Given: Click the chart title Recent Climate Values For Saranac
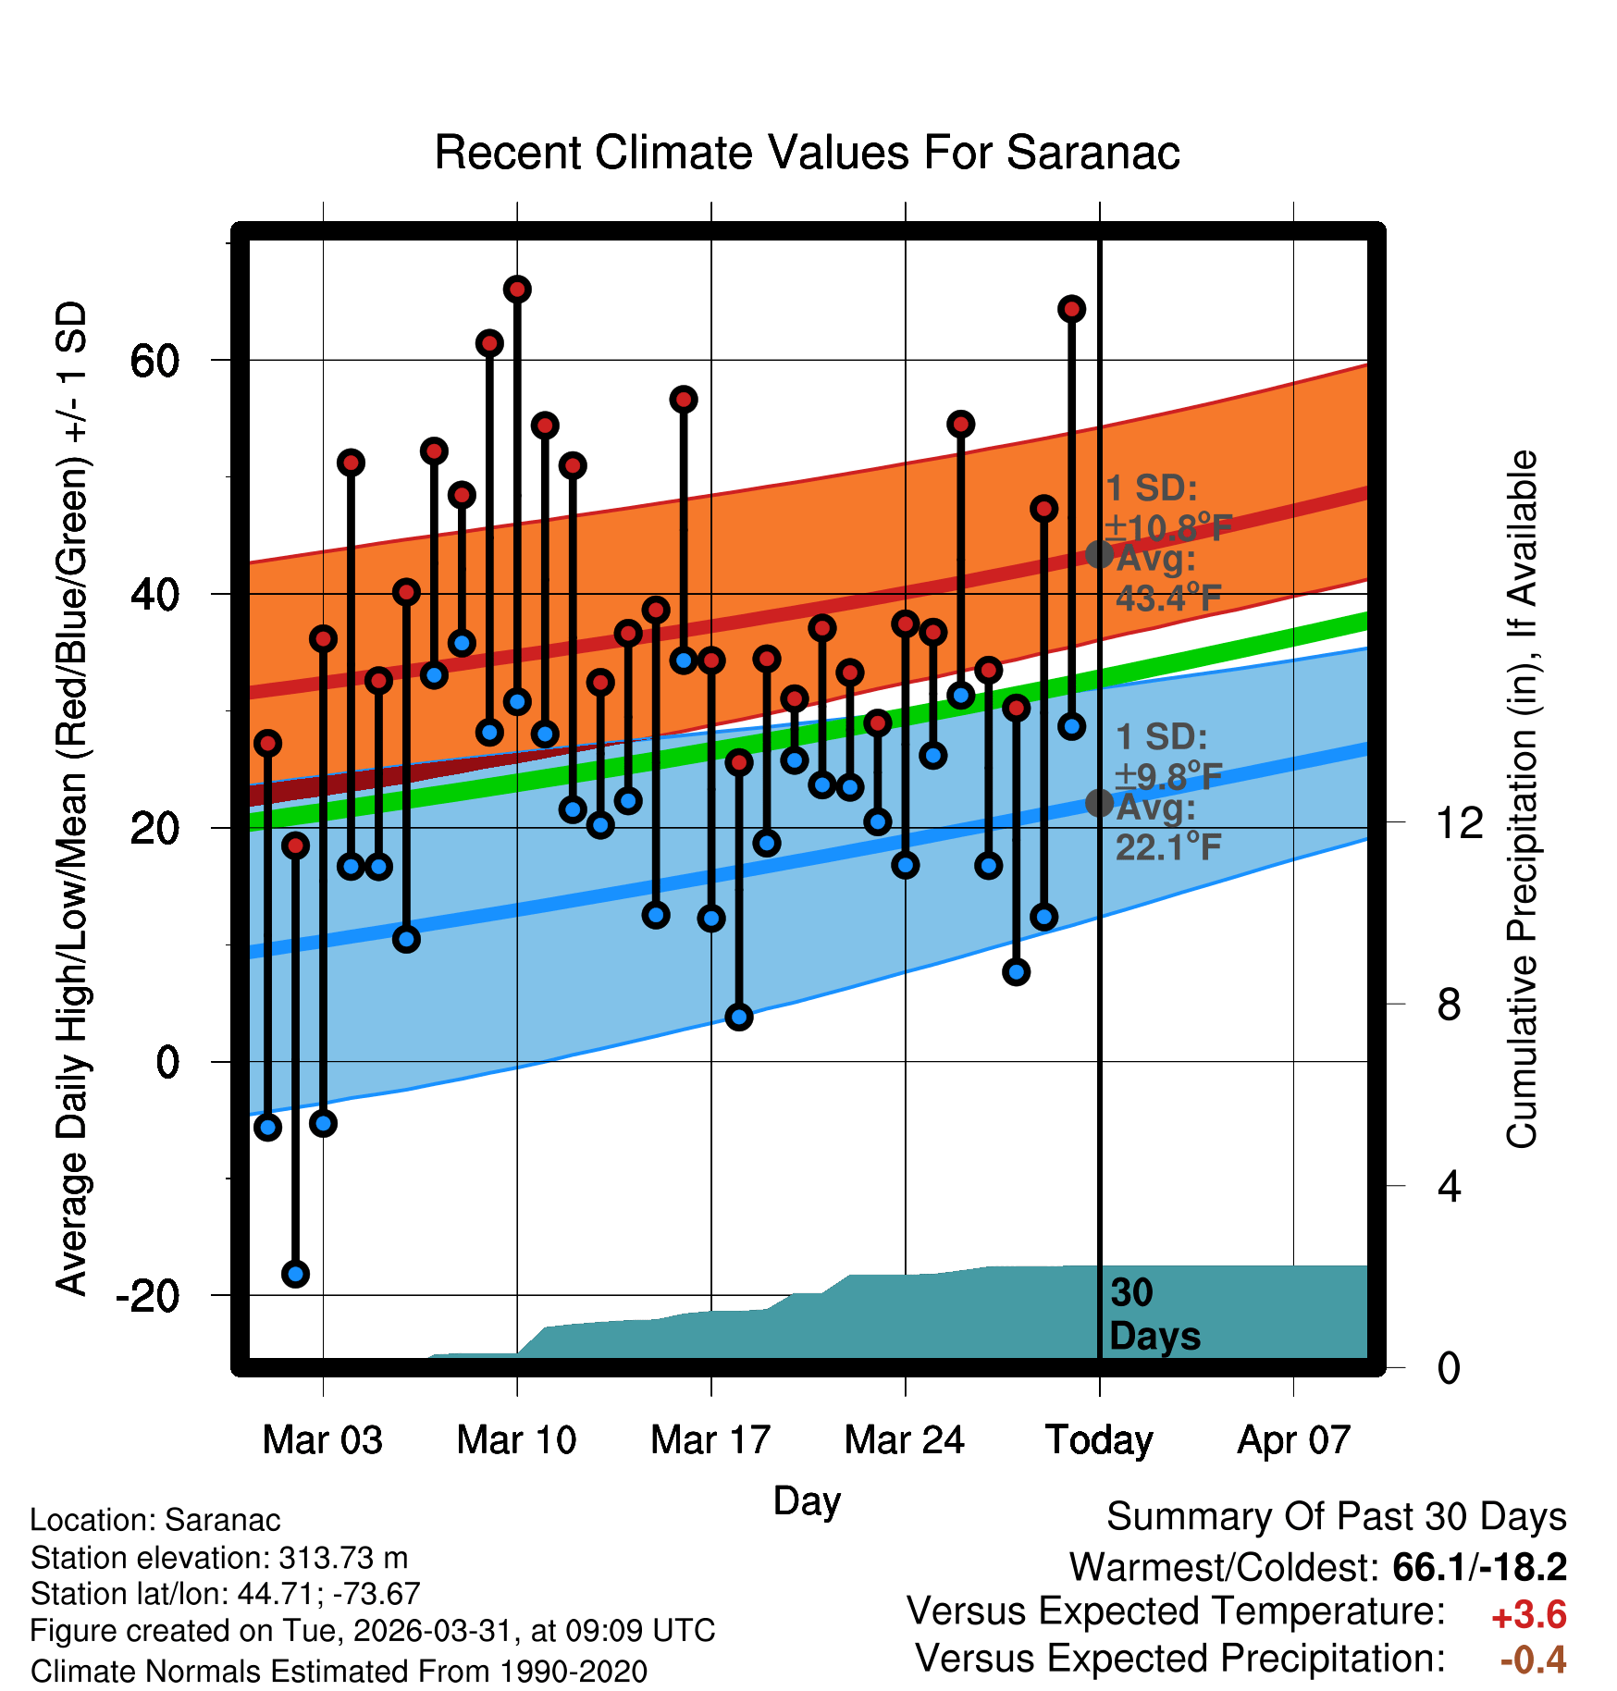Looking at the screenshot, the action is tap(807, 153).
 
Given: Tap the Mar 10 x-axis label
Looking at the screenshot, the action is tap(516, 1440).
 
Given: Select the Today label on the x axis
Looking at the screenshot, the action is tap(1099, 1440).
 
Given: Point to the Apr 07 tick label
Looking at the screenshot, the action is tap(1294, 1440).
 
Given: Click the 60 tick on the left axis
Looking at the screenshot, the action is tap(154, 360).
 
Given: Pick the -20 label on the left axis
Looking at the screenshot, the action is tap(148, 1295).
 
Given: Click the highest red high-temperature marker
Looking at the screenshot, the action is tap(517, 290).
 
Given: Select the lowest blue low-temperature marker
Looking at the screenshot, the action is tap(295, 1274).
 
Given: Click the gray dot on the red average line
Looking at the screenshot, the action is tap(1099, 554).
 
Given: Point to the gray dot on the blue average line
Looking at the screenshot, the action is tap(1099, 803).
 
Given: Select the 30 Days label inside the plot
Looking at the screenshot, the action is tap(1154, 1315).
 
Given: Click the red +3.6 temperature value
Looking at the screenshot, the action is tap(1529, 1615).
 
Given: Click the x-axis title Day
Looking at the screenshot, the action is tap(807, 1501).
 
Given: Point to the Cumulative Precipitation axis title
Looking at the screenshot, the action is tap(1522, 799).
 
